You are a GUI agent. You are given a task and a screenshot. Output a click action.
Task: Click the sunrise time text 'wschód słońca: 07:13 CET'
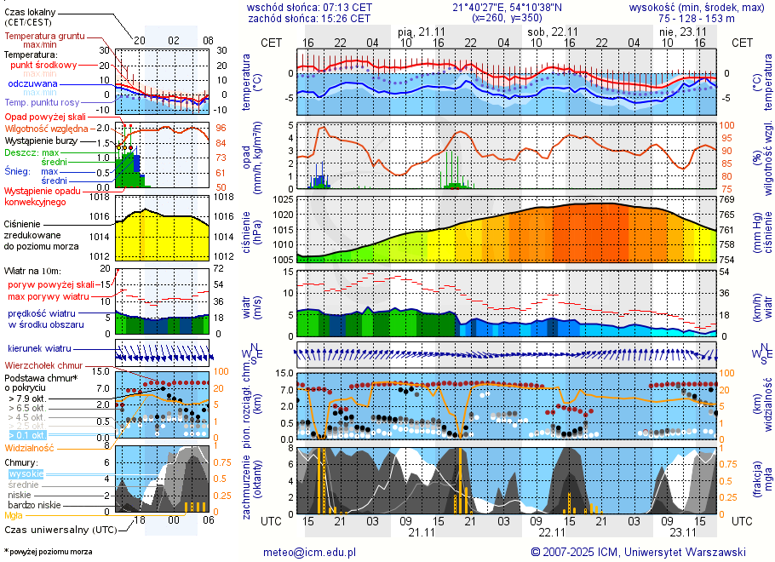click(309, 7)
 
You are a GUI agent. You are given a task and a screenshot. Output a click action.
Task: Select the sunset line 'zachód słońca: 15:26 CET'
click(309, 18)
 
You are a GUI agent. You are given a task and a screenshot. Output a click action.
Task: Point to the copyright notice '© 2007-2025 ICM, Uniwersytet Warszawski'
click(638, 552)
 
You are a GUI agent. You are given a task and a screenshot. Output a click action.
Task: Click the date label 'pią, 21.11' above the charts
click(422, 31)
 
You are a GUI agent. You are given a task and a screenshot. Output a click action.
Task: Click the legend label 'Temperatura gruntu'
click(46, 37)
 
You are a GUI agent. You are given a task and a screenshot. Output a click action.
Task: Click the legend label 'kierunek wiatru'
click(40, 349)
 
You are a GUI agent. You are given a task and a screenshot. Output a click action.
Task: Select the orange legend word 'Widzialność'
click(30, 447)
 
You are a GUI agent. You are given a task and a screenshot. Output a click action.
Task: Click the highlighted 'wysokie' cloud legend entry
click(26, 473)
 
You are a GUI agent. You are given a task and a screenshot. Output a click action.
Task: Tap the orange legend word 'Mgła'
click(14, 515)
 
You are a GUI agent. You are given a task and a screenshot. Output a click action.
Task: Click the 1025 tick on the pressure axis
click(282, 199)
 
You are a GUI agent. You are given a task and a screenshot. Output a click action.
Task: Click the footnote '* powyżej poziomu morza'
click(48, 552)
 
